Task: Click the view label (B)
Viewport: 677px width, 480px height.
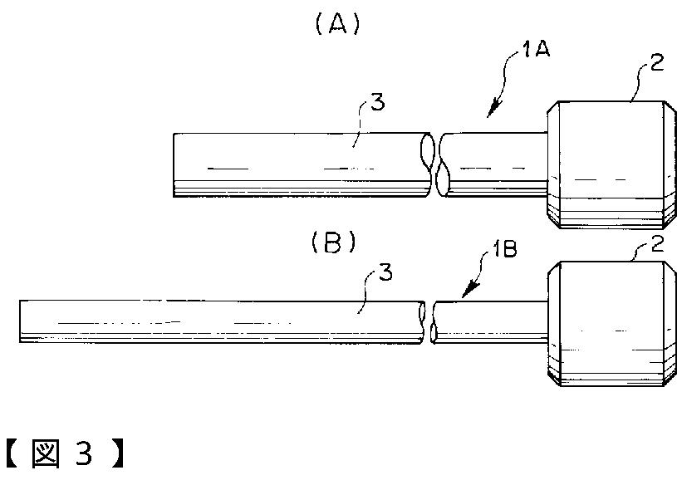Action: coord(333,242)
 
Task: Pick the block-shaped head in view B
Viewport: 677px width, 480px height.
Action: coord(613,324)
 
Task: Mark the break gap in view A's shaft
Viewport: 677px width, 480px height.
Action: coord(437,164)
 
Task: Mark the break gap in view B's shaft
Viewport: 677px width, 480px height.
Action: coord(429,322)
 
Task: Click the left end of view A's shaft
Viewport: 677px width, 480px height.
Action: coord(175,164)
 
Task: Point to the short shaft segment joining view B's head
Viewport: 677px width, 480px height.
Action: coord(490,322)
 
